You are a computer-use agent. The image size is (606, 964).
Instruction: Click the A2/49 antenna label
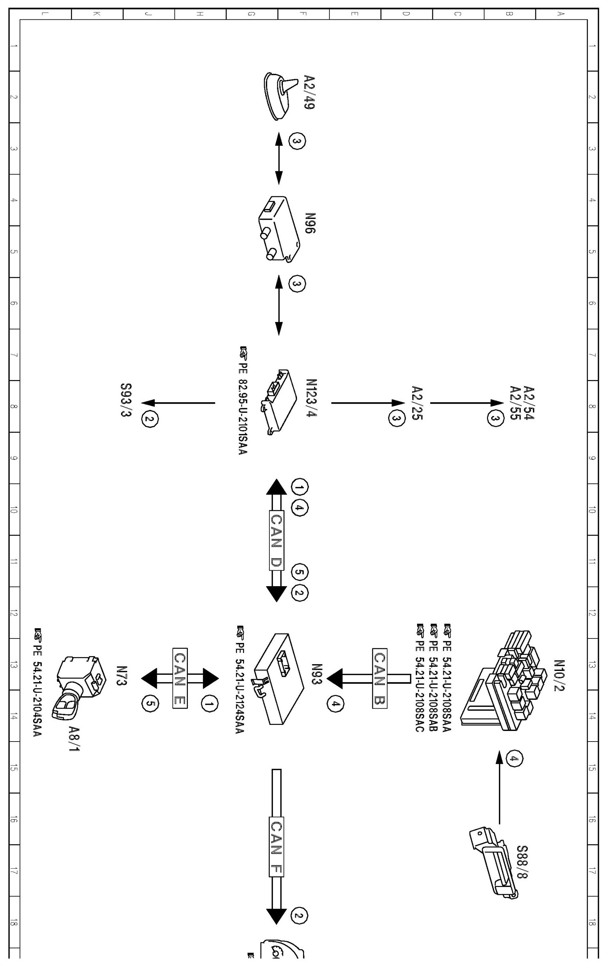pos(309,92)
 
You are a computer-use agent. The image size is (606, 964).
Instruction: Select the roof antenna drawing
pos(279,95)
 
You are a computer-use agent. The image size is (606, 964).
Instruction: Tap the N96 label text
pos(310,223)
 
